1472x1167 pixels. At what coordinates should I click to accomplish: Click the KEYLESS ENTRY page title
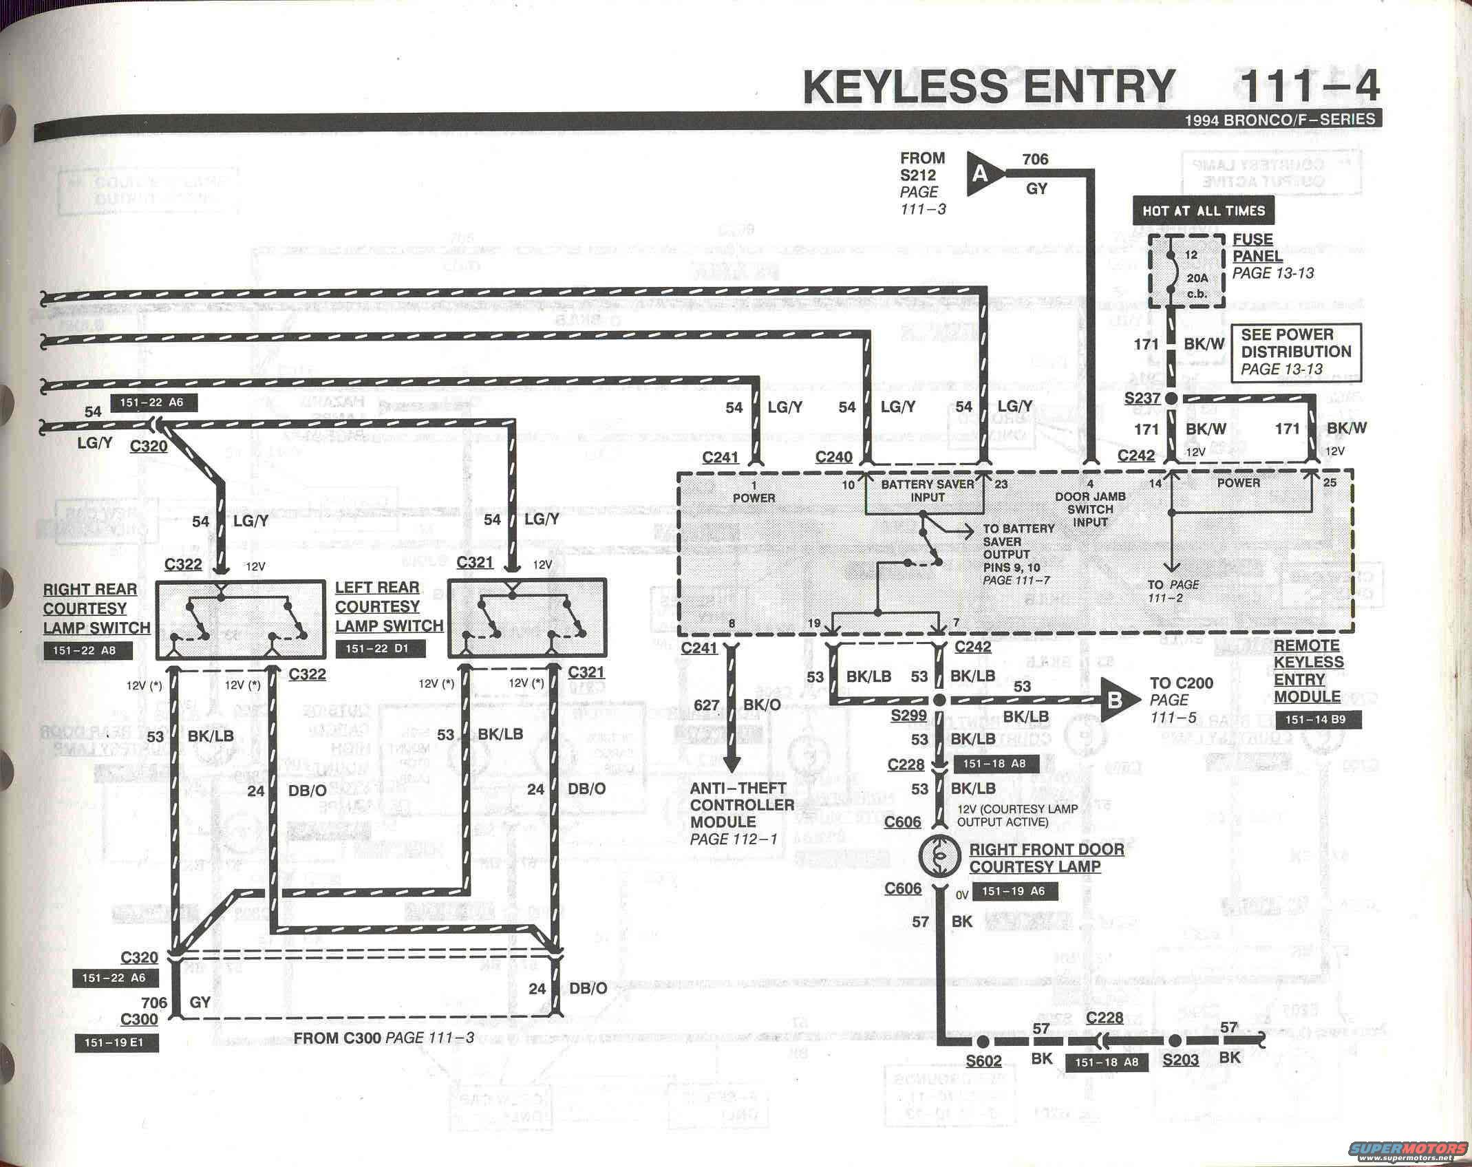pyautogui.click(x=990, y=86)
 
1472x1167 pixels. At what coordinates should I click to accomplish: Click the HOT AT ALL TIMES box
pyautogui.click(x=1203, y=211)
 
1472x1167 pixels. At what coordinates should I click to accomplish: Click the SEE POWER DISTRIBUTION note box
pyautogui.click(x=1296, y=352)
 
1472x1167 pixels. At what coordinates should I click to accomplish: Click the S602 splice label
pyautogui.click(x=983, y=1060)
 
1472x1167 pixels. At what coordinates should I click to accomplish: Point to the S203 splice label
pyautogui.click(x=1181, y=1060)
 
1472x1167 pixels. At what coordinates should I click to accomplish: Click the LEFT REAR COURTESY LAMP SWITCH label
pyautogui.click(x=389, y=606)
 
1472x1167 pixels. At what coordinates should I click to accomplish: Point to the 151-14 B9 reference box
pyautogui.click(x=1318, y=720)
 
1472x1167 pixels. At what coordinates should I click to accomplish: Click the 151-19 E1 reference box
pyautogui.click(x=116, y=1042)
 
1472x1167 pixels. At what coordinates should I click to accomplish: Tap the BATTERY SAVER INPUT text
pyautogui.click(x=928, y=490)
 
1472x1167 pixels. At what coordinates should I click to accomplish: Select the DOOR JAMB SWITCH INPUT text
pyautogui.click(x=1090, y=508)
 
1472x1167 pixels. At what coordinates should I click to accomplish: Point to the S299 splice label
pyautogui.click(x=908, y=715)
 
